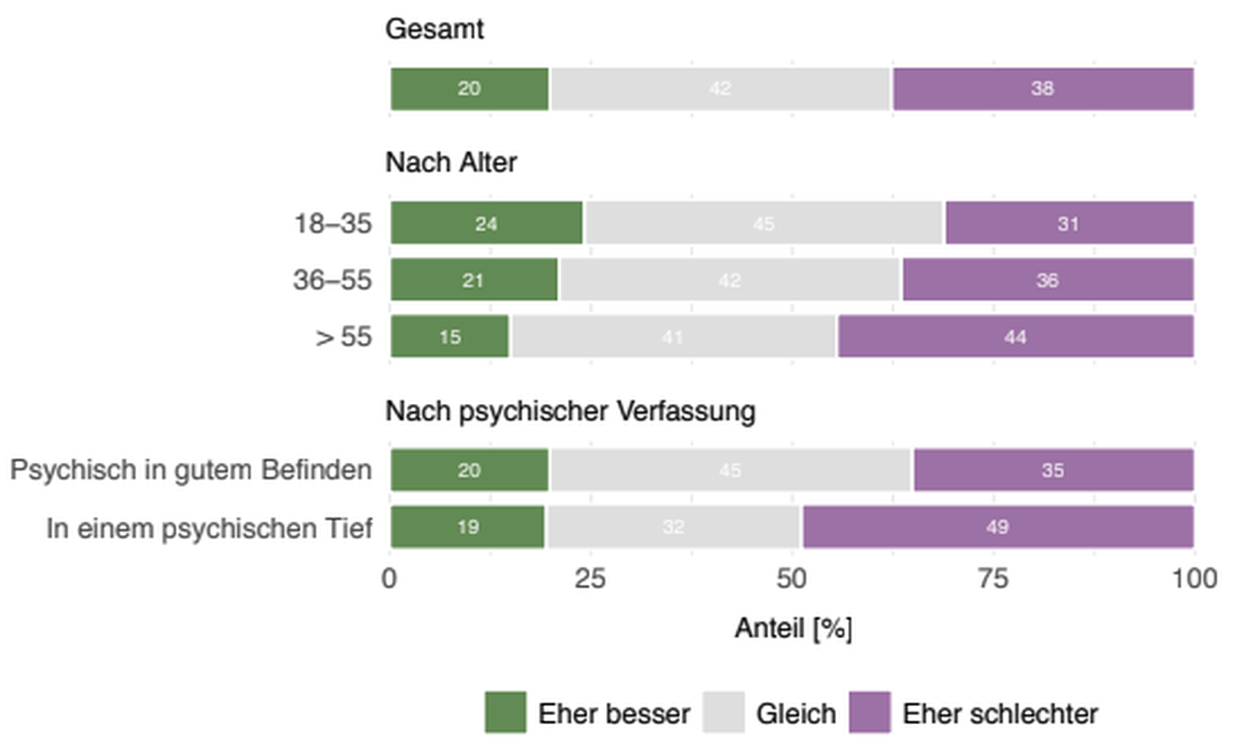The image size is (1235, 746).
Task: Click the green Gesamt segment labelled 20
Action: click(470, 89)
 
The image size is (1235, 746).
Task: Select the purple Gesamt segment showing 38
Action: click(1043, 89)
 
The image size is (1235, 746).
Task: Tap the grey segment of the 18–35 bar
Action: click(763, 223)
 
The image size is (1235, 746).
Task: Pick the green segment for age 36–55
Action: click(474, 280)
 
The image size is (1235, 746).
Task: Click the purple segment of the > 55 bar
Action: click(1015, 336)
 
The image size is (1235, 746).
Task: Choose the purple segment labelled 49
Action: click(997, 527)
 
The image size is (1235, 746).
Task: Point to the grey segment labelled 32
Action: click(674, 527)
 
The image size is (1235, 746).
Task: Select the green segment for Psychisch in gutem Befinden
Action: click(470, 470)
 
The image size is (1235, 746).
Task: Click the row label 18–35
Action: click(333, 223)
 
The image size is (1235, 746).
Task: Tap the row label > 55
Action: click(344, 336)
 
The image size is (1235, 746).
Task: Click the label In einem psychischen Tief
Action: click(209, 529)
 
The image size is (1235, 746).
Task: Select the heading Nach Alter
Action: click(451, 163)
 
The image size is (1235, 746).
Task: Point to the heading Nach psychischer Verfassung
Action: click(570, 411)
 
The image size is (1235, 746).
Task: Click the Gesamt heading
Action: click(434, 30)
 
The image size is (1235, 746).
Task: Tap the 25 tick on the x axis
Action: click(590, 579)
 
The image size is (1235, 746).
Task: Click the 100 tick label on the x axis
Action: click(1193, 579)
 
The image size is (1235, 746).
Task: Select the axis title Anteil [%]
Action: click(793, 628)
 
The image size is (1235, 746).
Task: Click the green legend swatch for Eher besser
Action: click(506, 712)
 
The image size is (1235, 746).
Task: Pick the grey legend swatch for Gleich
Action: click(723, 712)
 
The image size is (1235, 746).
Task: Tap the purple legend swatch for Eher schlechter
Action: click(870, 712)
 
